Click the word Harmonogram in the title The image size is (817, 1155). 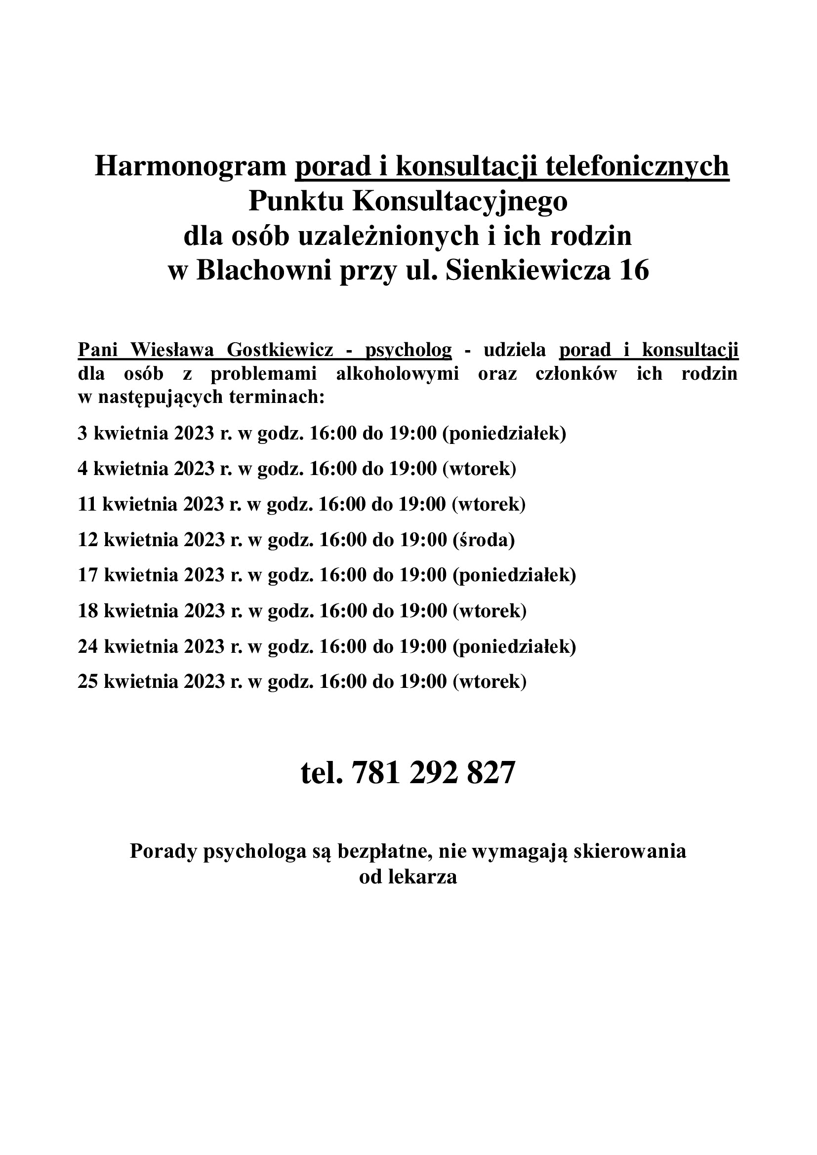(x=190, y=166)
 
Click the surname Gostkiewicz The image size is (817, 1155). (x=280, y=350)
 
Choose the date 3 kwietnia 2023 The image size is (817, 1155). (x=146, y=433)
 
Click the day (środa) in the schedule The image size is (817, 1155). (x=484, y=540)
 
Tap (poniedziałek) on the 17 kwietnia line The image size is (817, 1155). (x=514, y=575)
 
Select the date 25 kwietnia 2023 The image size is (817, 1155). (x=152, y=681)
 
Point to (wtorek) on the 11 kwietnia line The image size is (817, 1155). (x=489, y=504)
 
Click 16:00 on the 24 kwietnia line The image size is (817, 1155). (x=343, y=646)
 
